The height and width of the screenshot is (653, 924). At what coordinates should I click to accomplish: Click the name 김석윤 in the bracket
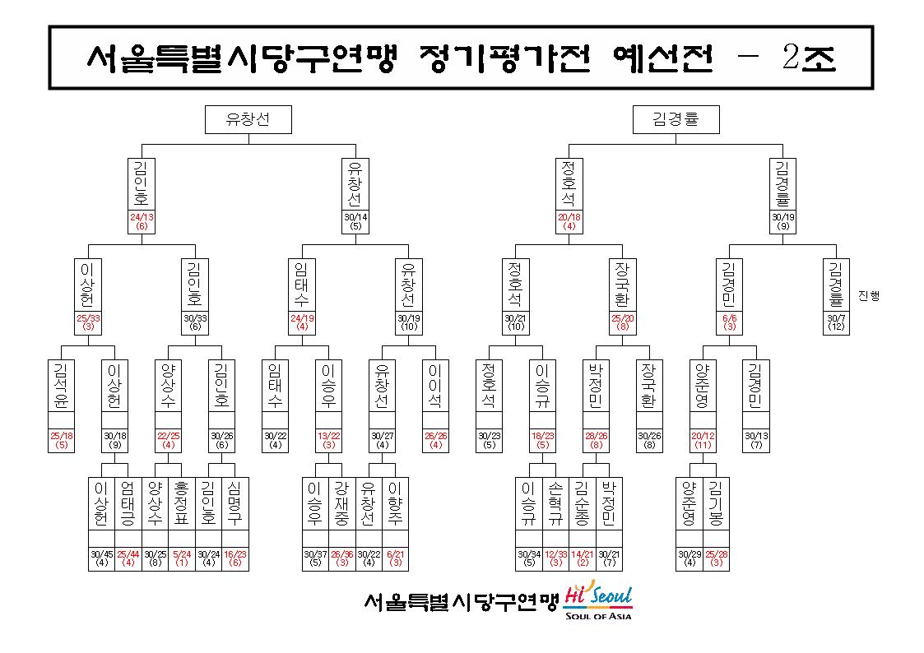click(x=61, y=386)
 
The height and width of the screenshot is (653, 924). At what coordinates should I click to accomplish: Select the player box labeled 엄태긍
click(x=128, y=503)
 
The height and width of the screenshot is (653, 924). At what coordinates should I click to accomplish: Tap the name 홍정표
click(x=182, y=503)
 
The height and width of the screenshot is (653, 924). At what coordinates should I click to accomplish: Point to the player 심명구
click(x=235, y=503)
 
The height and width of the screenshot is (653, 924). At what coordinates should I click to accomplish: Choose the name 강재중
click(x=341, y=503)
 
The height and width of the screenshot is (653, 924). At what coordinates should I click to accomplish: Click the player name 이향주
click(x=396, y=503)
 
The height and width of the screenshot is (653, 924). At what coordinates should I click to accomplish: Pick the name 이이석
click(x=435, y=386)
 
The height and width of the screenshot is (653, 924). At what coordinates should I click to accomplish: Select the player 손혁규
click(x=555, y=503)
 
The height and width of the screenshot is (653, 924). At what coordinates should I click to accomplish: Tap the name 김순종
click(x=583, y=503)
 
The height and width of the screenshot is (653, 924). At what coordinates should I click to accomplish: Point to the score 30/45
click(x=101, y=554)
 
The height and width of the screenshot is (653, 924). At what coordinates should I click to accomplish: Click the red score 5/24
click(x=182, y=554)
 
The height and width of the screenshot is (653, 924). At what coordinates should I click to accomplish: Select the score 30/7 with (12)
click(x=836, y=322)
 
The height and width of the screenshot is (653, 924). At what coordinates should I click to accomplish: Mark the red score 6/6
click(x=730, y=318)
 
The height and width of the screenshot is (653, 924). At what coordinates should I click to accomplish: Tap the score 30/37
click(x=315, y=554)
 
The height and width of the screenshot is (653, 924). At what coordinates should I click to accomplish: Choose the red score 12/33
click(x=555, y=554)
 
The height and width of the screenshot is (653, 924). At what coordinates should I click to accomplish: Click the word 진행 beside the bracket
click(x=869, y=295)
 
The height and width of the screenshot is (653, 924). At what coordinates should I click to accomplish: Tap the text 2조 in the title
click(x=809, y=58)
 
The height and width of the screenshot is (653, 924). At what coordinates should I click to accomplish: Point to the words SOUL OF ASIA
click(x=598, y=616)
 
